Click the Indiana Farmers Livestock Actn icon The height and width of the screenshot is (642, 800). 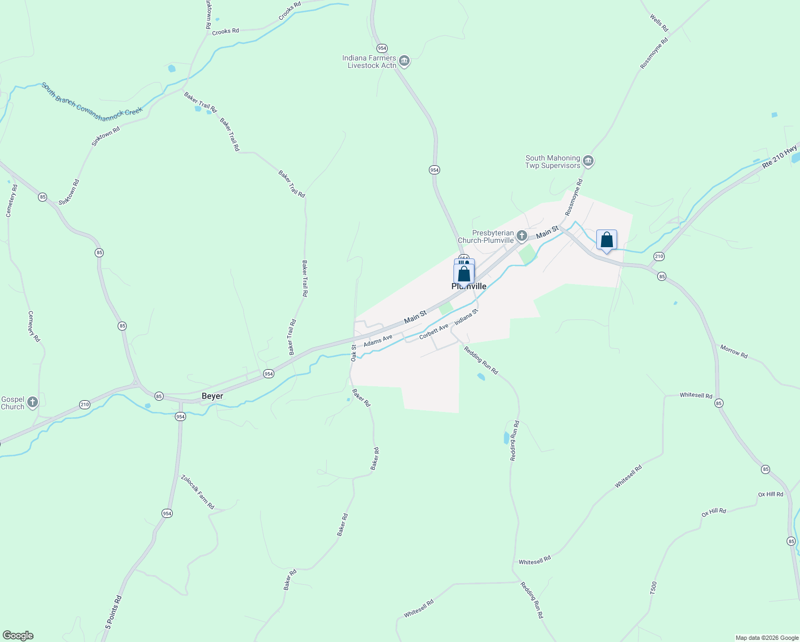pos(404,61)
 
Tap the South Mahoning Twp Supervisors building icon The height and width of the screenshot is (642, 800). pos(588,161)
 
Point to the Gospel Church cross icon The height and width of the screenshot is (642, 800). pos(33,402)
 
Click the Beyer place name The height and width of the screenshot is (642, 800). pos(212,396)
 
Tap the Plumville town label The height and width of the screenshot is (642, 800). pos(469,287)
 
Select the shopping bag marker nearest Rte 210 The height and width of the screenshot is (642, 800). pos(606,240)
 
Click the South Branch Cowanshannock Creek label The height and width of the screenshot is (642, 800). pos(92,99)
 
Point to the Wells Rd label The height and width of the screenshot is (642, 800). pos(659,22)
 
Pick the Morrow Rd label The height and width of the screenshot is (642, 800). pos(734,351)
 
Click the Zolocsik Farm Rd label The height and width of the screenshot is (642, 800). pos(197,492)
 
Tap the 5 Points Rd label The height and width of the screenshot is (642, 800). pos(113,612)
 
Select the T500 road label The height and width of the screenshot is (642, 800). pos(653,588)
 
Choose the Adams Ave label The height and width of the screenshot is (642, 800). pos(378,341)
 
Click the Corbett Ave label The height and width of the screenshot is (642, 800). pos(434,331)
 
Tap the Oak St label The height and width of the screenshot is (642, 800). pos(353,353)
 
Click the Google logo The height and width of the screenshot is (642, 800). pos(18,636)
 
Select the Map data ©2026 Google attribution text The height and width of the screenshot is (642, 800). pos(767,638)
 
